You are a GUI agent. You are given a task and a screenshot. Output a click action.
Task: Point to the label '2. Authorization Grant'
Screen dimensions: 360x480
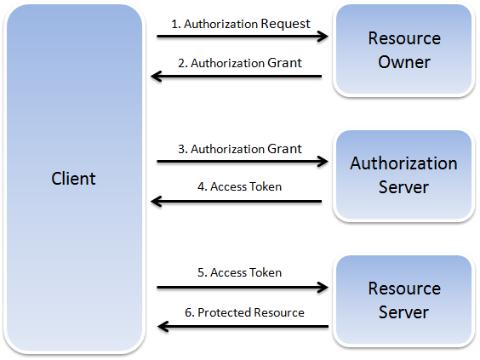pyautogui.click(x=239, y=63)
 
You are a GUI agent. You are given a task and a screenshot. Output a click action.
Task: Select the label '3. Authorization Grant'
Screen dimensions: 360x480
pyautogui.click(x=239, y=148)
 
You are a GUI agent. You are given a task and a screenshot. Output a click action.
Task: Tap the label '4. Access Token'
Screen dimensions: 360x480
pyautogui.click(x=239, y=187)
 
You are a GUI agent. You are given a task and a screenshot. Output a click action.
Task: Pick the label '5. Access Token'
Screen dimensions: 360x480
pyautogui.click(x=239, y=272)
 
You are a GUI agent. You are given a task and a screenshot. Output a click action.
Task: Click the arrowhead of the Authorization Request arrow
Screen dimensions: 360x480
pyautogui.click(x=323, y=37)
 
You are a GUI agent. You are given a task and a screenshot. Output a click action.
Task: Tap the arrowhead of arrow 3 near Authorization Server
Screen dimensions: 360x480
pyautogui.click(x=323, y=162)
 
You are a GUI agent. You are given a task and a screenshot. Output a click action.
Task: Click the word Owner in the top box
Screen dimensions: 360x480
pyautogui.click(x=404, y=62)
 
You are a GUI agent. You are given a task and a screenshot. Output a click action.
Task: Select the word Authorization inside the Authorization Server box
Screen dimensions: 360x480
pyautogui.click(x=403, y=163)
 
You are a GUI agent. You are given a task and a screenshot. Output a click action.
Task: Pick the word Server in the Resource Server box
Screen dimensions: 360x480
pyautogui.click(x=404, y=312)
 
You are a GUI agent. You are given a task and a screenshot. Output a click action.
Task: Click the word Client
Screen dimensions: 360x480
pyautogui.click(x=73, y=179)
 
